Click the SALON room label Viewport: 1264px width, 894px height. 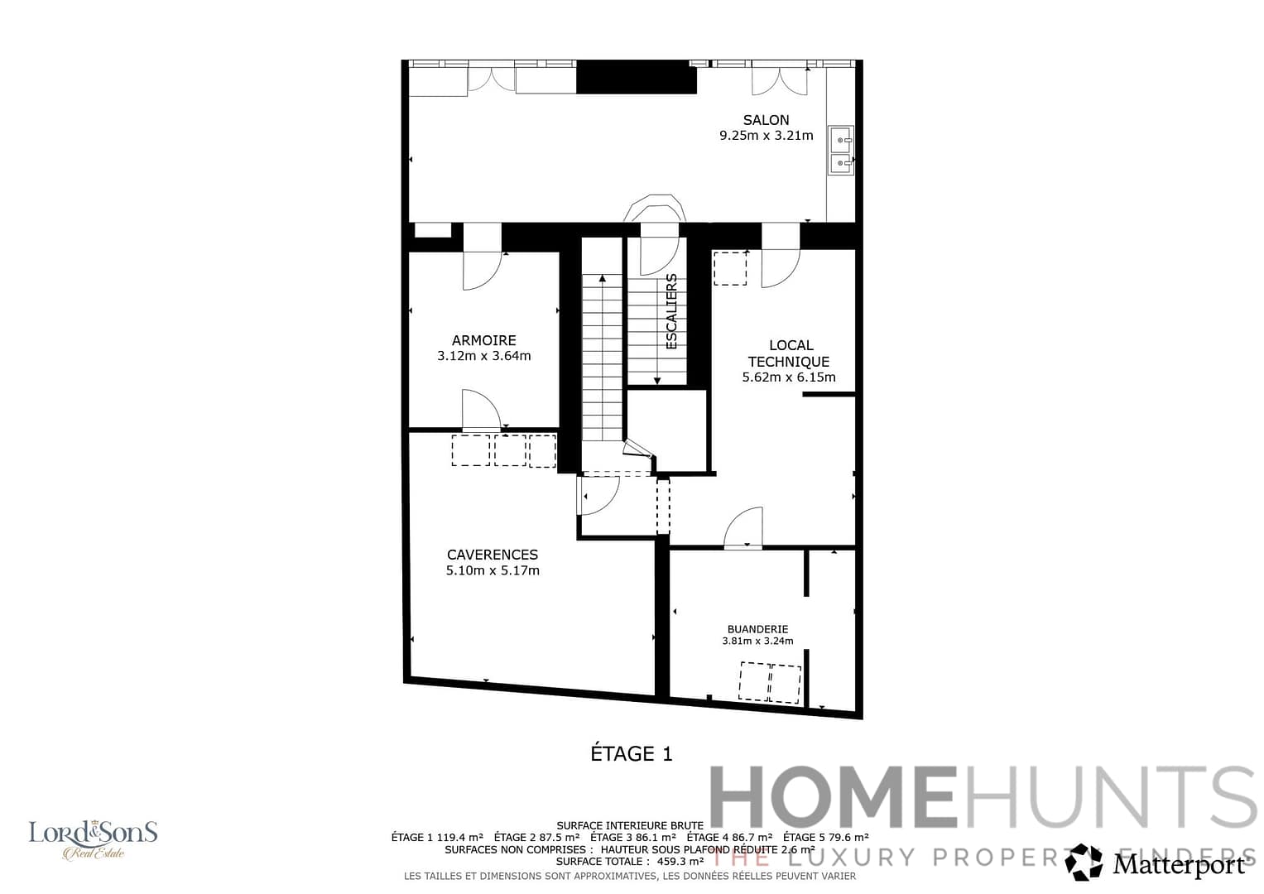[x=766, y=120]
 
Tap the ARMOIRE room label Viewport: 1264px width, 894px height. [x=483, y=340]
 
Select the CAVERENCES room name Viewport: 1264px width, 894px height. [x=493, y=555]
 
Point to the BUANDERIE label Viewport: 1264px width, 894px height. [x=757, y=629]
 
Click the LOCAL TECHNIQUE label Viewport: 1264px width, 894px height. [x=789, y=353]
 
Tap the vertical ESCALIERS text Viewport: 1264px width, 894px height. [x=671, y=311]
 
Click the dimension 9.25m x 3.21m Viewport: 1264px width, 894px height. [x=766, y=136]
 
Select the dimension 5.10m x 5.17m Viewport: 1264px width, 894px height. [x=493, y=570]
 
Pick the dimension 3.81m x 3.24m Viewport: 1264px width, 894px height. [x=757, y=641]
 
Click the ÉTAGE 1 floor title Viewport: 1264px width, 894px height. [x=632, y=753]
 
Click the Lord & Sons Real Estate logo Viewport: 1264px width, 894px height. [x=93, y=839]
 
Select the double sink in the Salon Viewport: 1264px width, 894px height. [x=840, y=151]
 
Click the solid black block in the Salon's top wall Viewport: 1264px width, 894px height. [x=636, y=77]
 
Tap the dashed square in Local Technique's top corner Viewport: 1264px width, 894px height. [x=730, y=268]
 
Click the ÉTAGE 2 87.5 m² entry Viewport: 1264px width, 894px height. [x=536, y=837]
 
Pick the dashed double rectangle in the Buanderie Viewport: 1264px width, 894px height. [x=771, y=682]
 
